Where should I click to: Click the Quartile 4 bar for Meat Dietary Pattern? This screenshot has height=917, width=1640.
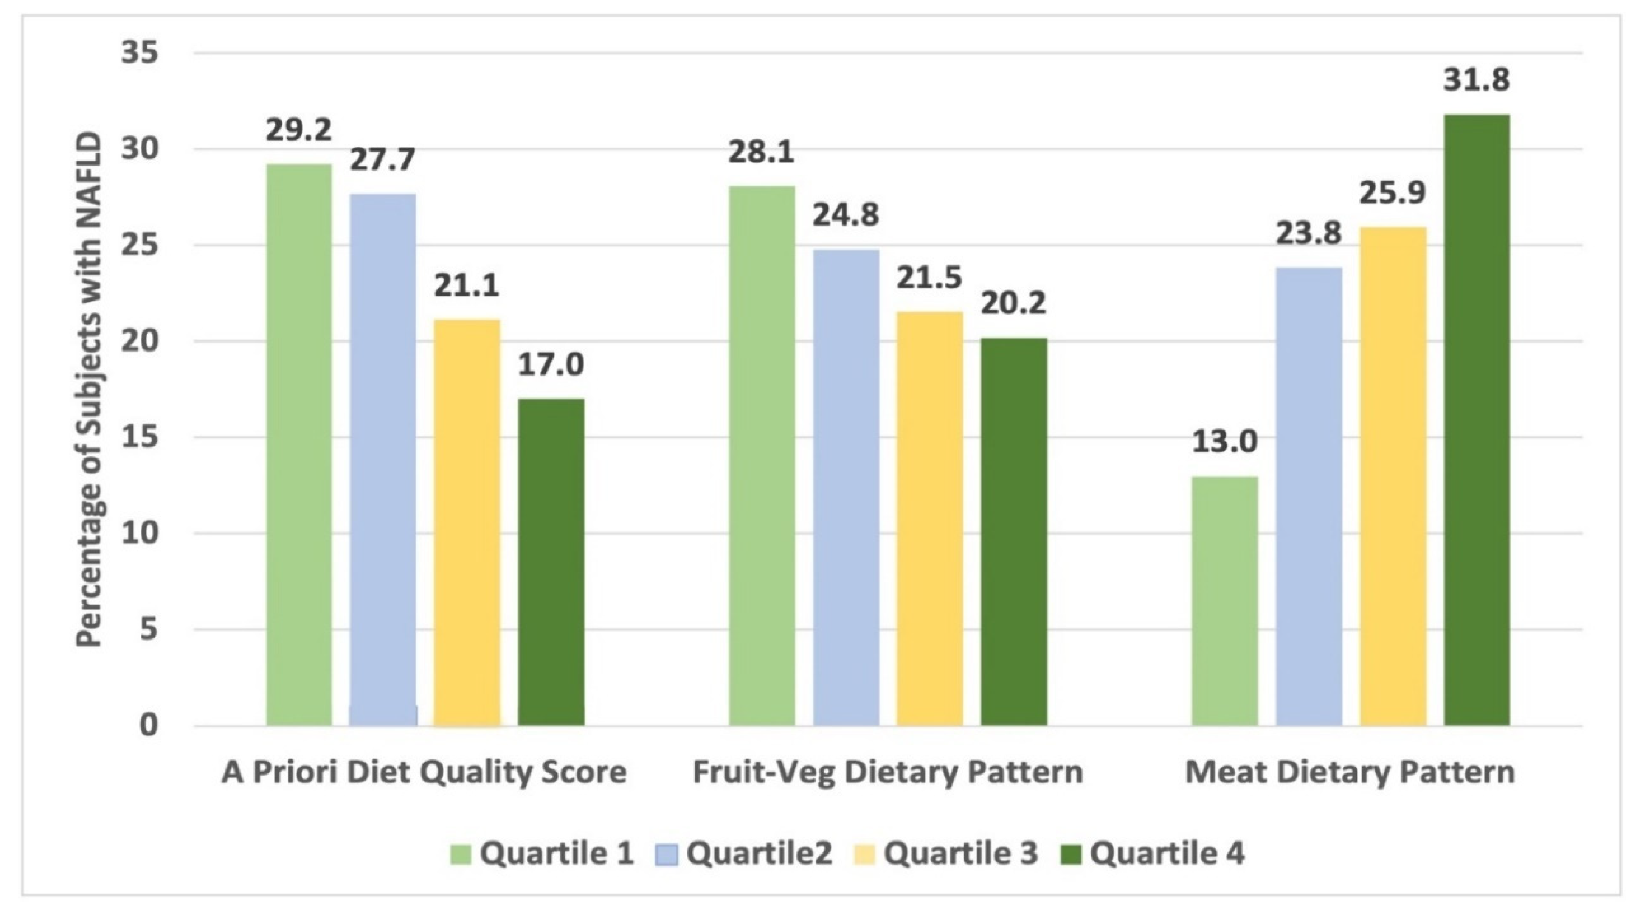click(1477, 420)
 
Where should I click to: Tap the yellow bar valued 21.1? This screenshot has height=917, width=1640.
click(467, 522)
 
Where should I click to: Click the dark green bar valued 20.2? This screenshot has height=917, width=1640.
click(1014, 532)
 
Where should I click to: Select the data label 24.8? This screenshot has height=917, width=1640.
click(845, 215)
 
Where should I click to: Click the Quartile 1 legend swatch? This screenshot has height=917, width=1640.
click(461, 854)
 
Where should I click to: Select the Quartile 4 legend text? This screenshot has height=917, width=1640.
click(1166, 854)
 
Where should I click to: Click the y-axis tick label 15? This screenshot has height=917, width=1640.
click(140, 437)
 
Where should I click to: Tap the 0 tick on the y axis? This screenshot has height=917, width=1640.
click(148, 725)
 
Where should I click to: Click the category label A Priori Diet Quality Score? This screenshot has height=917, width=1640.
click(423, 772)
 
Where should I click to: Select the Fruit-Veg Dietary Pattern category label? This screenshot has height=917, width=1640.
click(887, 772)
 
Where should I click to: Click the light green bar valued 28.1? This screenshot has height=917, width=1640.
click(762, 455)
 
